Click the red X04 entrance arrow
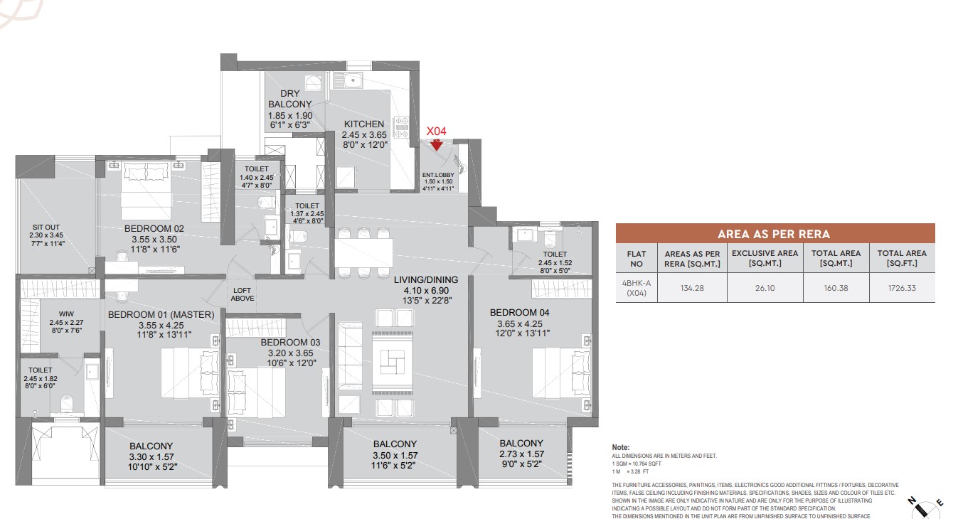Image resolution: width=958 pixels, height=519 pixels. click(x=436, y=145)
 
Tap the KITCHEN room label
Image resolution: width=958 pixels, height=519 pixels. click(x=364, y=124)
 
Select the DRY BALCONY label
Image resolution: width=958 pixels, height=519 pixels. click(x=290, y=99)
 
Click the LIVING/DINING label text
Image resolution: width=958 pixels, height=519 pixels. click(x=426, y=279)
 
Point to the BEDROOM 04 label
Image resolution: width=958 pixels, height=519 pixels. click(x=520, y=313)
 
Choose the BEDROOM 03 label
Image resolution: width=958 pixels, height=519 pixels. click(x=290, y=343)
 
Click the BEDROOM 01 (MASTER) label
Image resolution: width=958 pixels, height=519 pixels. click(x=161, y=315)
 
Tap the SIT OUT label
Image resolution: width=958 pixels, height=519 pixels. click(x=46, y=228)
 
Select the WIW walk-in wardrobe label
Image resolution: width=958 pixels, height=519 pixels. click(x=66, y=314)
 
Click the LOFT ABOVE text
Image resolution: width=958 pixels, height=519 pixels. click(x=242, y=294)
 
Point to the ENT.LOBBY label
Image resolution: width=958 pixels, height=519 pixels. click(x=438, y=175)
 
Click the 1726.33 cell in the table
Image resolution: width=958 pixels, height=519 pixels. click(x=902, y=288)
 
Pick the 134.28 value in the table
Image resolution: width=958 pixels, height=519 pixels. click(x=692, y=288)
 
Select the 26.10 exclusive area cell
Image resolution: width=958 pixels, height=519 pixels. click(x=765, y=288)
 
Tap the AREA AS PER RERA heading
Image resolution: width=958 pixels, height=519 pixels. click(x=774, y=235)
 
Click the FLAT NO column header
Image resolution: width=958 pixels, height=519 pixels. click(x=637, y=259)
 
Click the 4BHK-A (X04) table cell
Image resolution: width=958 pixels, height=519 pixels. click(x=637, y=288)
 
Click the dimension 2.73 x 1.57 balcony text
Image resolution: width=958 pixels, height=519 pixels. click(x=521, y=454)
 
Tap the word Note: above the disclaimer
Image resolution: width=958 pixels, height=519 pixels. click(x=621, y=447)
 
